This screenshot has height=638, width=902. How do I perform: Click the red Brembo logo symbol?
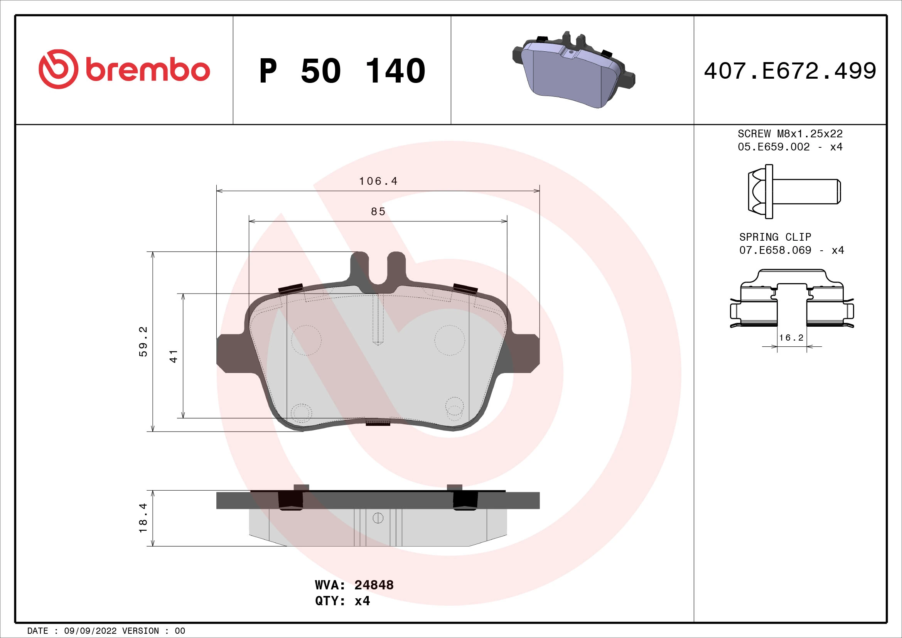pyautogui.click(x=58, y=69)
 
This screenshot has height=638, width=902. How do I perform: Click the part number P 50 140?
pyautogui.click(x=342, y=71)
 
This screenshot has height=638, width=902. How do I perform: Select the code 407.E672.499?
pyautogui.click(x=790, y=71)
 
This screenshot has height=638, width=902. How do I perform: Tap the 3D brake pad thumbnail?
pyautogui.click(x=573, y=71)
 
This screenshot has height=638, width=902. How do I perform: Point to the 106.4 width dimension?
pyautogui.click(x=378, y=181)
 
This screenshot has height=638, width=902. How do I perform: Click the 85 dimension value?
pyautogui.click(x=378, y=212)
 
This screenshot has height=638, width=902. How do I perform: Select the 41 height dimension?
pyautogui.click(x=174, y=356)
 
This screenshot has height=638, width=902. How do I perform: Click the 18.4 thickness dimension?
pyautogui.click(x=143, y=518)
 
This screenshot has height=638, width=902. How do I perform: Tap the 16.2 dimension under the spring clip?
pyautogui.click(x=791, y=338)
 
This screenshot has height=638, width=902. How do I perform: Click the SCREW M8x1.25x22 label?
pyautogui.click(x=790, y=133)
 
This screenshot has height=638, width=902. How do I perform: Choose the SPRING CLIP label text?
pyautogui.click(x=775, y=237)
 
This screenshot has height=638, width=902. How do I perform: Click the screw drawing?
pyautogui.click(x=794, y=191)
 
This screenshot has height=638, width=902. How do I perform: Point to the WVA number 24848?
pyautogui.click(x=374, y=585)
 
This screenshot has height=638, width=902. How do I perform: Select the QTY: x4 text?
pyautogui.click(x=342, y=601)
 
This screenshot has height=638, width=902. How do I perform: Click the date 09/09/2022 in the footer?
pyautogui.click(x=90, y=631)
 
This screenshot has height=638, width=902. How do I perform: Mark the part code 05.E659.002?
pyautogui.click(x=774, y=147)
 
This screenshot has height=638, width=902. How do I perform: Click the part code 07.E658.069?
pyautogui.click(x=775, y=250)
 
